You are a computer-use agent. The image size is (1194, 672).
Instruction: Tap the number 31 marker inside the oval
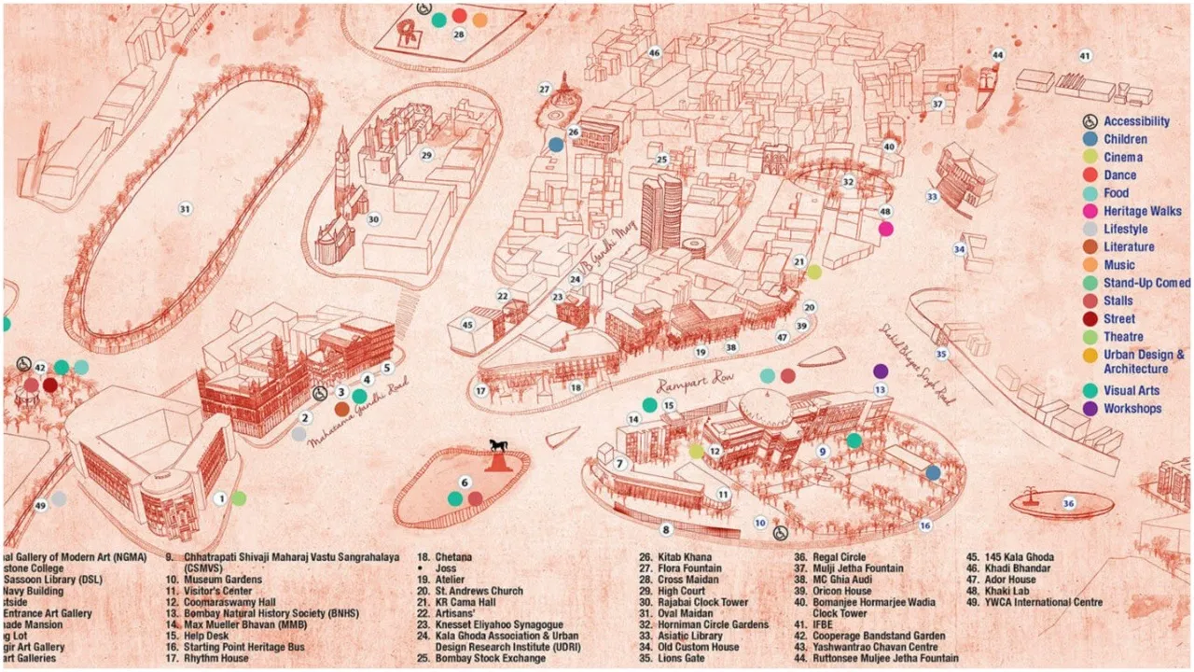(x=186, y=208)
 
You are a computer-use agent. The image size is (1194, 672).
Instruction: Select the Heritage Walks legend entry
(x=1141, y=211)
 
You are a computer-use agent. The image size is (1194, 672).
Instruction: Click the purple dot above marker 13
(x=881, y=371)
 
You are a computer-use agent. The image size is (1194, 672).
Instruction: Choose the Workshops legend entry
(x=1132, y=409)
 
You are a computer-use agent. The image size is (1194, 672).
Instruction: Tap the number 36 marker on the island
(x=1069, y=504)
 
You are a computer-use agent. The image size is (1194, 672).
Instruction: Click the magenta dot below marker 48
(x=885, y=229)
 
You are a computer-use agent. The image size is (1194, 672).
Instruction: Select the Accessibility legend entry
(x=1135, y=121)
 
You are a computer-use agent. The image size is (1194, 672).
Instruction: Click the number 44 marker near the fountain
(x=998, y=55)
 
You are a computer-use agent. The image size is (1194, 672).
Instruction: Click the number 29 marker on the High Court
(x=426, y=155)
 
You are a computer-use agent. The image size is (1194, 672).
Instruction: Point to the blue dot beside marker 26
(x=556, y=145)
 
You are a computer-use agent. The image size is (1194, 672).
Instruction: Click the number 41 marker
(x=1085, y=56)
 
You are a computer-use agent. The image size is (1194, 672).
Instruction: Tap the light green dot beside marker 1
(x=239, y=498)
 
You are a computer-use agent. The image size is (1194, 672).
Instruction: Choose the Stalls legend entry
(x=1118, y=301)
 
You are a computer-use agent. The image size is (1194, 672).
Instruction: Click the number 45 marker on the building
(x=467, y=325)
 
